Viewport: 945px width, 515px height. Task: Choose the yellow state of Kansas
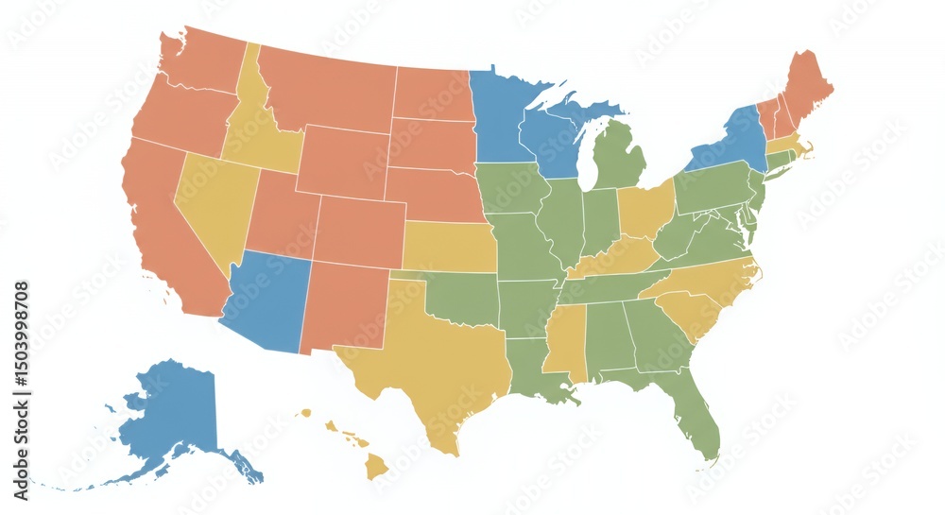pos(449,248)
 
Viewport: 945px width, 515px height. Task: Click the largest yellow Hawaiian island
pos(377,465)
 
